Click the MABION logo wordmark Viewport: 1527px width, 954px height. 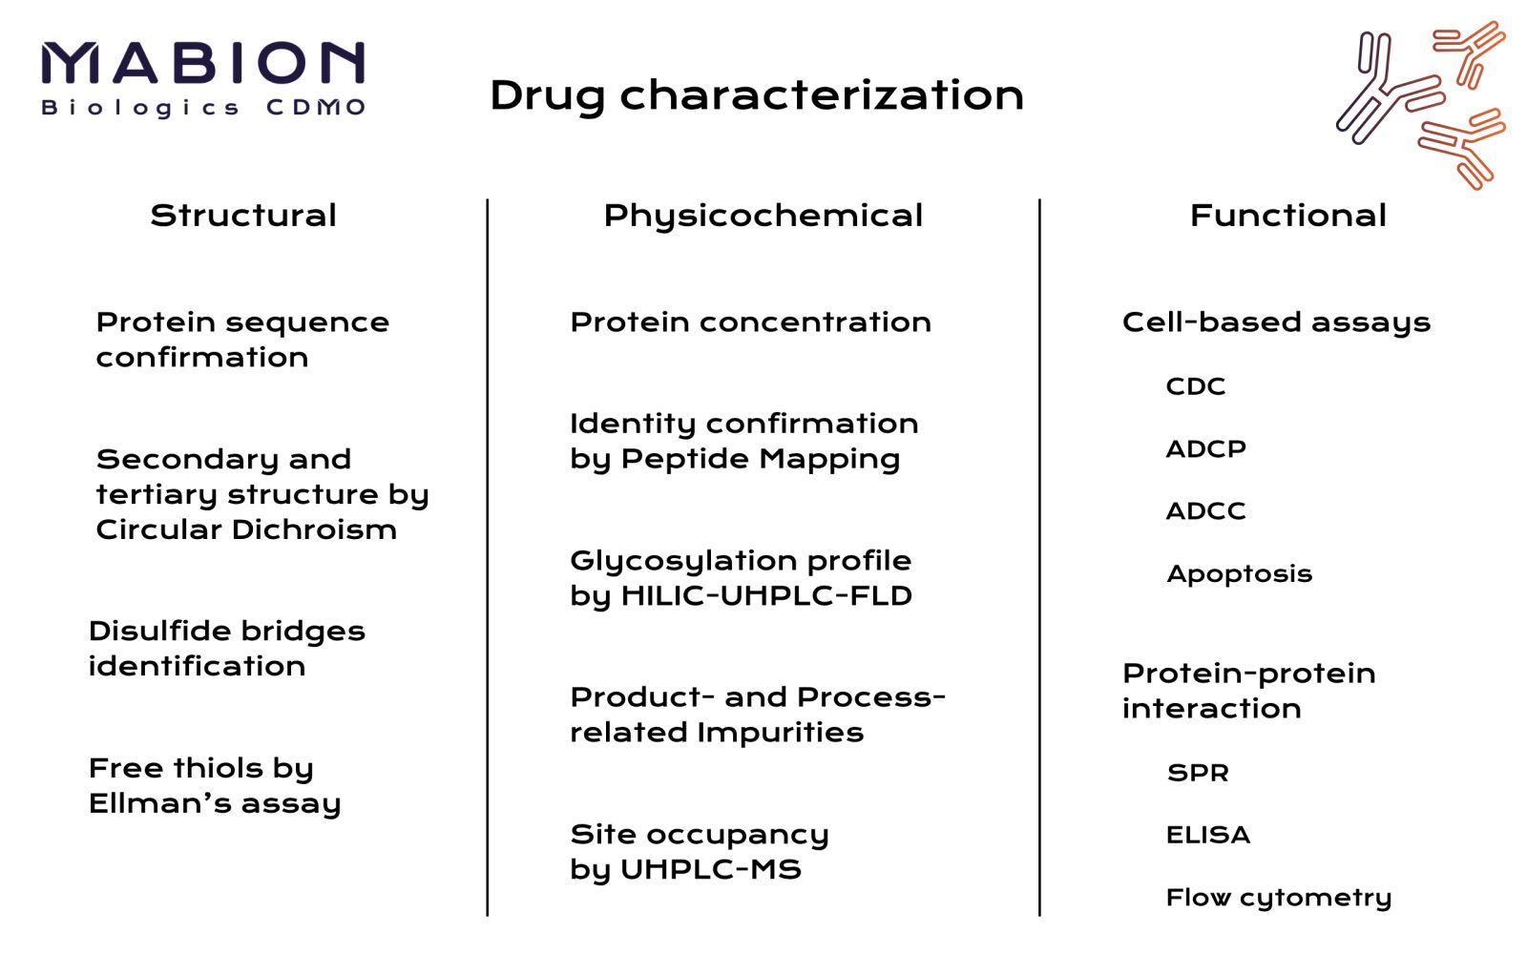[203, 63]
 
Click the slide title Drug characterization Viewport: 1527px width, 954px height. [757, 95]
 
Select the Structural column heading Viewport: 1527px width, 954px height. [243, 216]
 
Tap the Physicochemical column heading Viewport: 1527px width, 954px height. [763, 217]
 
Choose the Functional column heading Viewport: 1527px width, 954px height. [1287, 216]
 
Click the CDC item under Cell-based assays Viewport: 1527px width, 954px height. [1196, 386]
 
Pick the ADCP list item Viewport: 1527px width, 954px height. [1206, 449]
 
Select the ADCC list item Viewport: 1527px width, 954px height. [1206, 511]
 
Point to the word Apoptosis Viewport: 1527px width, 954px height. [1240, 574]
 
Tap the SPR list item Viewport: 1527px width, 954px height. [1198, 773]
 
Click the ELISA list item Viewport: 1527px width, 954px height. [1208, 835]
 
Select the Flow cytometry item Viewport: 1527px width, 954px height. [1279, 898]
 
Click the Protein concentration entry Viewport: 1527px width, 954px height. [750, 322]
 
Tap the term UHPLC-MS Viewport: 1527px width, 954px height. [711, 869]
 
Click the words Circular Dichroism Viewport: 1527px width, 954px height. [246, 529]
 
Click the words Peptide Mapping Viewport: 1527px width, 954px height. [760, 460]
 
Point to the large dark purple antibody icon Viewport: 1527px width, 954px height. [1391, 89]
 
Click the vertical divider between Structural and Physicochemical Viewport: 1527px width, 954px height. [488, 557]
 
